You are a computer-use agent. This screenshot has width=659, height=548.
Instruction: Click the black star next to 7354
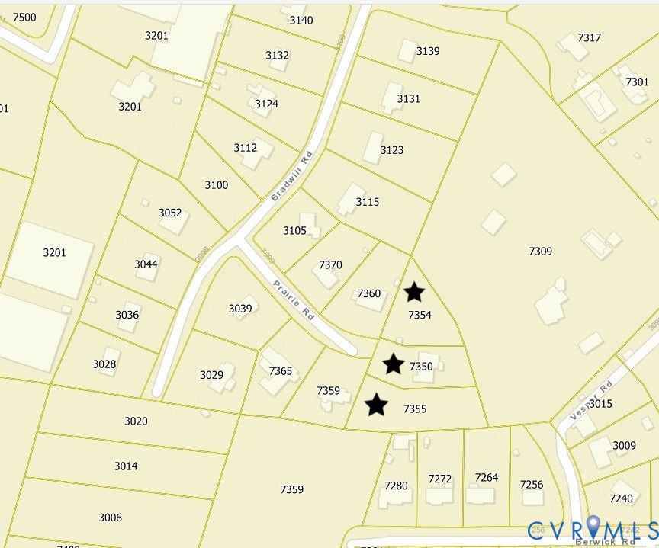[x=413, y=292]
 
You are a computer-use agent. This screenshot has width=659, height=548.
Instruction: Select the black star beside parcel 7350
[x=393, y=364]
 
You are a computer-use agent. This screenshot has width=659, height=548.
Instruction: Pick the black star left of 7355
[x=376, y=405]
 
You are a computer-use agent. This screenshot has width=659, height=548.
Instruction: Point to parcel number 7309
[x=540, y=252]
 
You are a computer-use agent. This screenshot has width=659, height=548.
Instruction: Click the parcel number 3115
[x=367, y=203]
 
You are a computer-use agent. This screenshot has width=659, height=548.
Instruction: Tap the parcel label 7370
[x=330, y=265]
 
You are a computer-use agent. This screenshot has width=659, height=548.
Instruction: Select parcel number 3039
[x=240, y=309]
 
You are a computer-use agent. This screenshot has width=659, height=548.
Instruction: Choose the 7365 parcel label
[x=281, y=371]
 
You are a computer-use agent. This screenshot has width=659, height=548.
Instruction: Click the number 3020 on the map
[x=136, y=421]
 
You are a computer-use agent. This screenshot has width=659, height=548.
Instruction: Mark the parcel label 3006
[x=110, y=518]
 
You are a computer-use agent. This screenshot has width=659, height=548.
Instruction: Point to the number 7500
[x=24, y=18]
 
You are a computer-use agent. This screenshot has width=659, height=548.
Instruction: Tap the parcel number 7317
[x=590, y=38]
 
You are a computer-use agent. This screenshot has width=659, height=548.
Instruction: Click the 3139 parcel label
[x=428, y=51]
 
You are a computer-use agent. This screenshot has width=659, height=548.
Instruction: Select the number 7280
[x=396, y=486]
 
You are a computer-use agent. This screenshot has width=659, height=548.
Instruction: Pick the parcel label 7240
[x=622, y=498]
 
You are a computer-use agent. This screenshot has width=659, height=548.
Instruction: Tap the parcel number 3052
[x=170, y=213]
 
